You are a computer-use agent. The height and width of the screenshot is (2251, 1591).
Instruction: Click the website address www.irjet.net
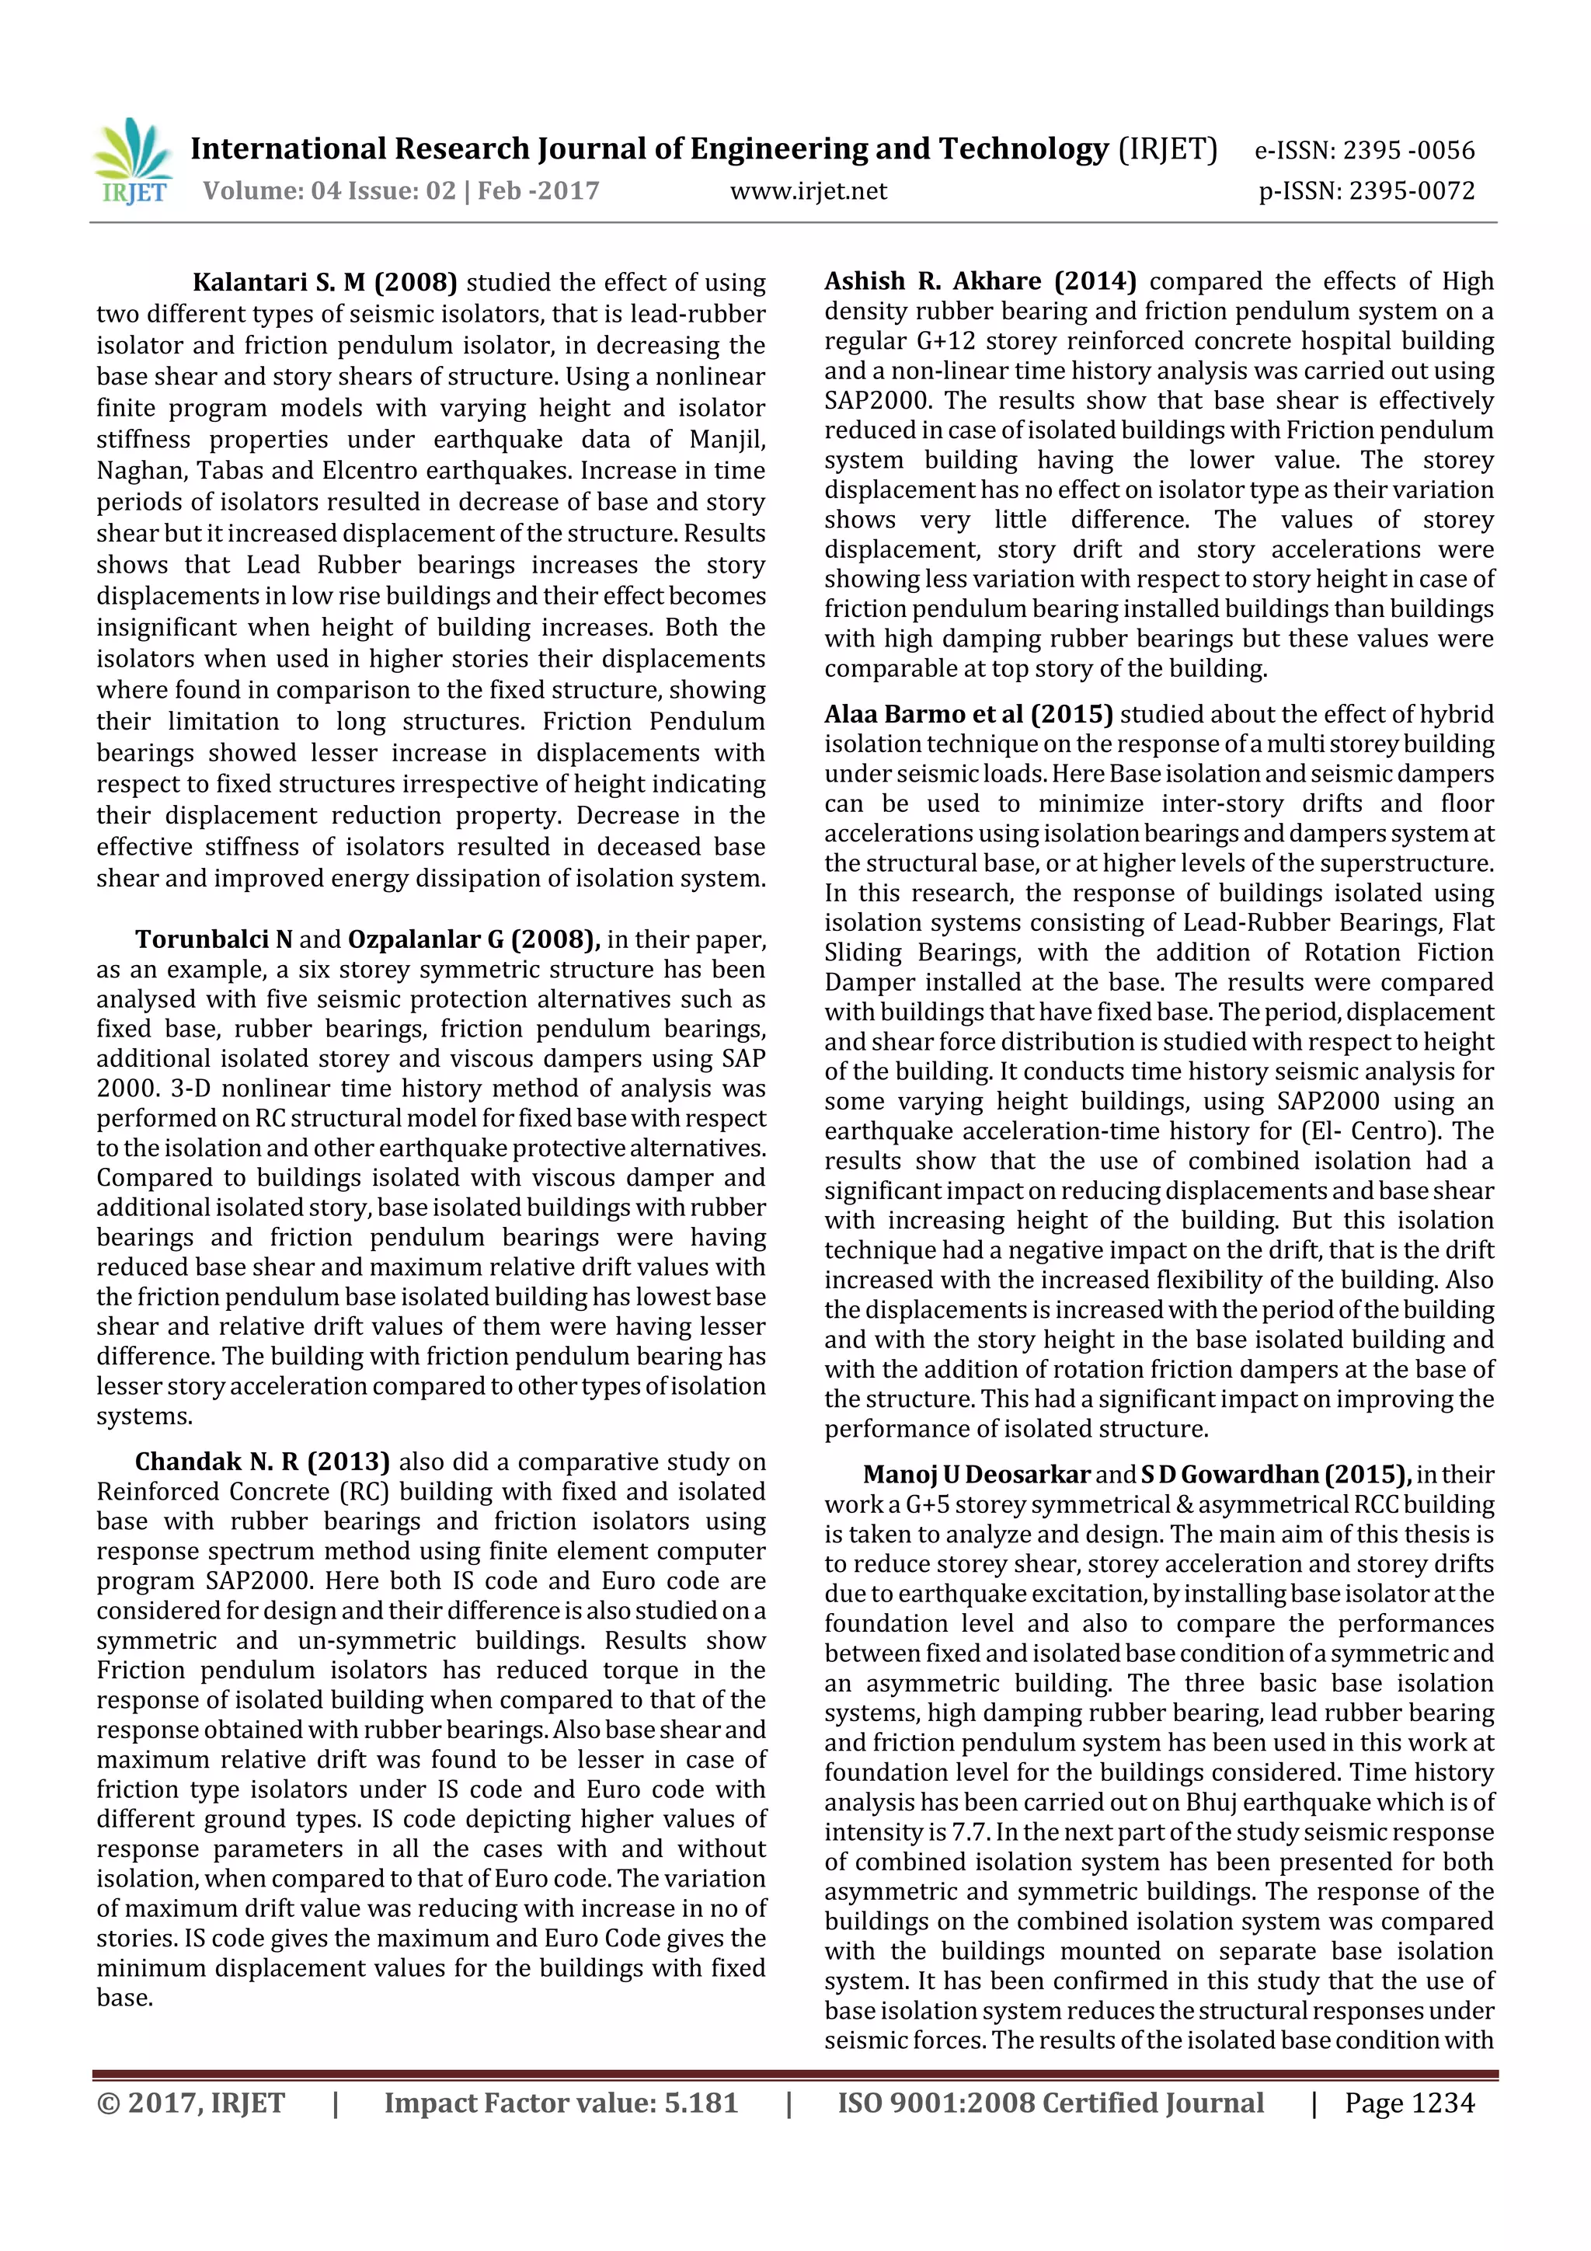point(808,191)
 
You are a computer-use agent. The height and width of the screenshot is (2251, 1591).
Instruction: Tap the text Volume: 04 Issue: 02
point(329,191)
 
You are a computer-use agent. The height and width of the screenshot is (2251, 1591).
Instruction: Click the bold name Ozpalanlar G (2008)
point(473,939)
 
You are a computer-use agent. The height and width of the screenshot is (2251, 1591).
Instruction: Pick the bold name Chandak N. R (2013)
point(262,1462)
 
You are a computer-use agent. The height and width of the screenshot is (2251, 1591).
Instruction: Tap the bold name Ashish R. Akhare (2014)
point(980,281)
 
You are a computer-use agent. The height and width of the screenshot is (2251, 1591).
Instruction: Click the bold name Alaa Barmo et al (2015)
point(967,714)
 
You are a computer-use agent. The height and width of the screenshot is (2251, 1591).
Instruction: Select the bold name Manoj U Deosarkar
point(976,1475)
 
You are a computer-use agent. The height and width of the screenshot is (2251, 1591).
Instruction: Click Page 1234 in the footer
point(1408,2103)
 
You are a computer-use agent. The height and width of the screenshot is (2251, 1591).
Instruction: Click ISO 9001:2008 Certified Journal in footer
point(1050,2103)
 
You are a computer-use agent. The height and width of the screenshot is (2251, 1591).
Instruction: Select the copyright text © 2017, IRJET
point(191,2103)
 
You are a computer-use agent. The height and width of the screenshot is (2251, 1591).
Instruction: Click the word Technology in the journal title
point(1023,149)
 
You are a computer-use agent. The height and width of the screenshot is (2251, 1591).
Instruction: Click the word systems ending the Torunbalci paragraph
point(143,1416)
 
